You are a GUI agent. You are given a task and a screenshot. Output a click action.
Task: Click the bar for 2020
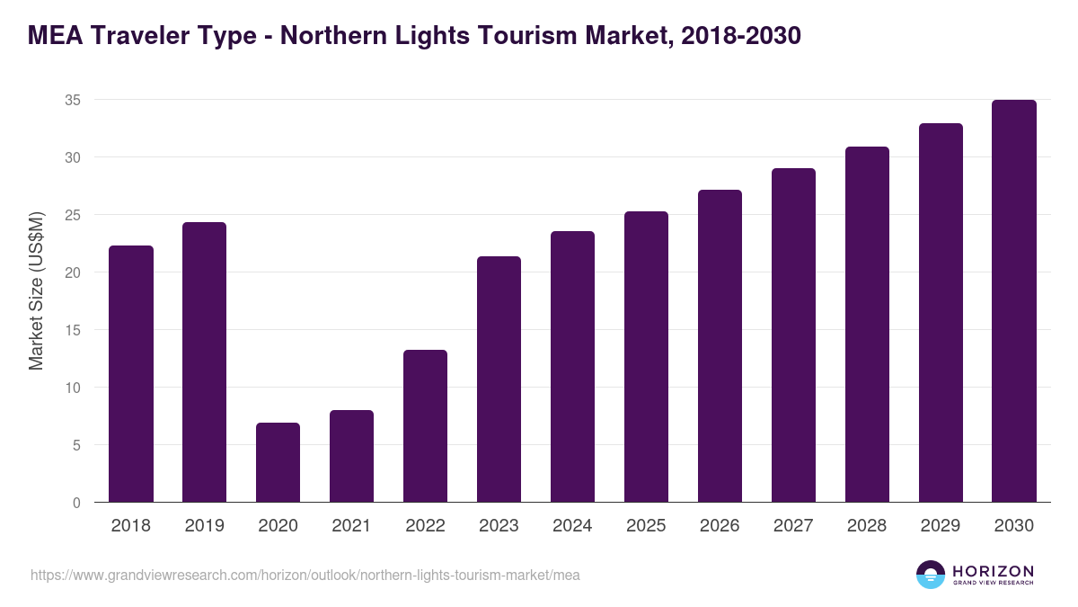(x=278, y=462)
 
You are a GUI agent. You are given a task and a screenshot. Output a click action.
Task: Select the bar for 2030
(x=1014, y=301)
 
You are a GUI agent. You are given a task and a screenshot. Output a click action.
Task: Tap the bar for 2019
(x=204, y=362)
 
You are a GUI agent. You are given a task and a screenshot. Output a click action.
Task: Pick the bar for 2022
(x=425, y=426)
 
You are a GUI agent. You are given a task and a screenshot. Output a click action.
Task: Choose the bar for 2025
(x=646, y=357)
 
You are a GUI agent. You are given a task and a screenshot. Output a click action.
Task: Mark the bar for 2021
(x=351, y=457)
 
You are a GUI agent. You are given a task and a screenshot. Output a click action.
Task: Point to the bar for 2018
(x=131, y=374)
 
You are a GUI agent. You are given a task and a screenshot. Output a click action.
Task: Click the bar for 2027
(x=793, y=335)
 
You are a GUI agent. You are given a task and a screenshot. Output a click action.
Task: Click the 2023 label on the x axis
(x=499, y=526)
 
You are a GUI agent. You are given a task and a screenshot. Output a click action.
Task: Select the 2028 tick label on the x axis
(x=867, y=526)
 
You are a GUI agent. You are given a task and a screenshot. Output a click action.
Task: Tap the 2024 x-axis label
(x=572, y=526)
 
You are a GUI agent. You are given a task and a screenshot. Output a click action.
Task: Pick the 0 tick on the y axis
(x=77, y=503)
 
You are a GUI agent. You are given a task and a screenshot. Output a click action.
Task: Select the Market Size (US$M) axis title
(x=36, y=290)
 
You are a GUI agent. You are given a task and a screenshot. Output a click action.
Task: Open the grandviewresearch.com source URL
(x=305, y=575)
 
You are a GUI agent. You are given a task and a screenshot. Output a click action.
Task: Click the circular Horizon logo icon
(x=931, y=575)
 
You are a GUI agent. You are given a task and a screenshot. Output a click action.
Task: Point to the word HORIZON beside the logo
(x=994, y=571)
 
